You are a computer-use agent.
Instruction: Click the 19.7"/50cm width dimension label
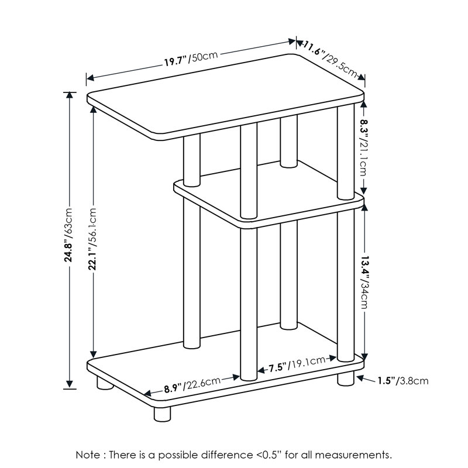click(191, 59)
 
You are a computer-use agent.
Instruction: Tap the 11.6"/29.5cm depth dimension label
click(331, 60)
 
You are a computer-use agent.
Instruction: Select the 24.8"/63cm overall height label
click(69, 235)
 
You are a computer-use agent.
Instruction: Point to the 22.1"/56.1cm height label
click(93, 239)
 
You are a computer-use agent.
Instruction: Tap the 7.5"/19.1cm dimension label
click(297, 364)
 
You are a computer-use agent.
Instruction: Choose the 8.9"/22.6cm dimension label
click(192, 385)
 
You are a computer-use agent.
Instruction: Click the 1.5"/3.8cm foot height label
click(403, 381)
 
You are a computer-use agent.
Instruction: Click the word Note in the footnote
click(88, 455)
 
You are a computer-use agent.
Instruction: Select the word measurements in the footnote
click(353, 455)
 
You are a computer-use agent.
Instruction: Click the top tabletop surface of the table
click(225, 97)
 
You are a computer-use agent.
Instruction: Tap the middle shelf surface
click(269, 194)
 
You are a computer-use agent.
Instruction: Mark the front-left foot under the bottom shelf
click(163, 414)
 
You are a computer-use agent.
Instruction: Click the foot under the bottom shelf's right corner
click(346, 378)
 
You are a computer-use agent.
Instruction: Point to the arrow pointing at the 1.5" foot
click(366, 379)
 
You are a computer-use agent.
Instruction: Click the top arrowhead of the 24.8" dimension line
click(70, 95)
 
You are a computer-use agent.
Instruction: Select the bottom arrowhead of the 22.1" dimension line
click(94, 355)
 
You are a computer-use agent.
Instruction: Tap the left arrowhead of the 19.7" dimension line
click(90, 78)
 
